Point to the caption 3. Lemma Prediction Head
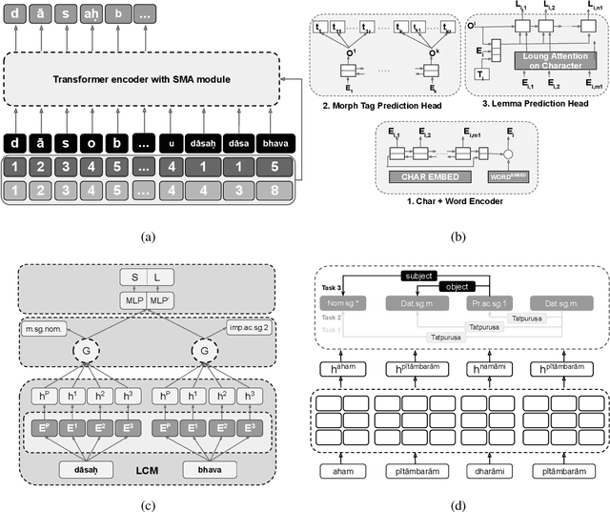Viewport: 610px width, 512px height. tap(537, 102)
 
